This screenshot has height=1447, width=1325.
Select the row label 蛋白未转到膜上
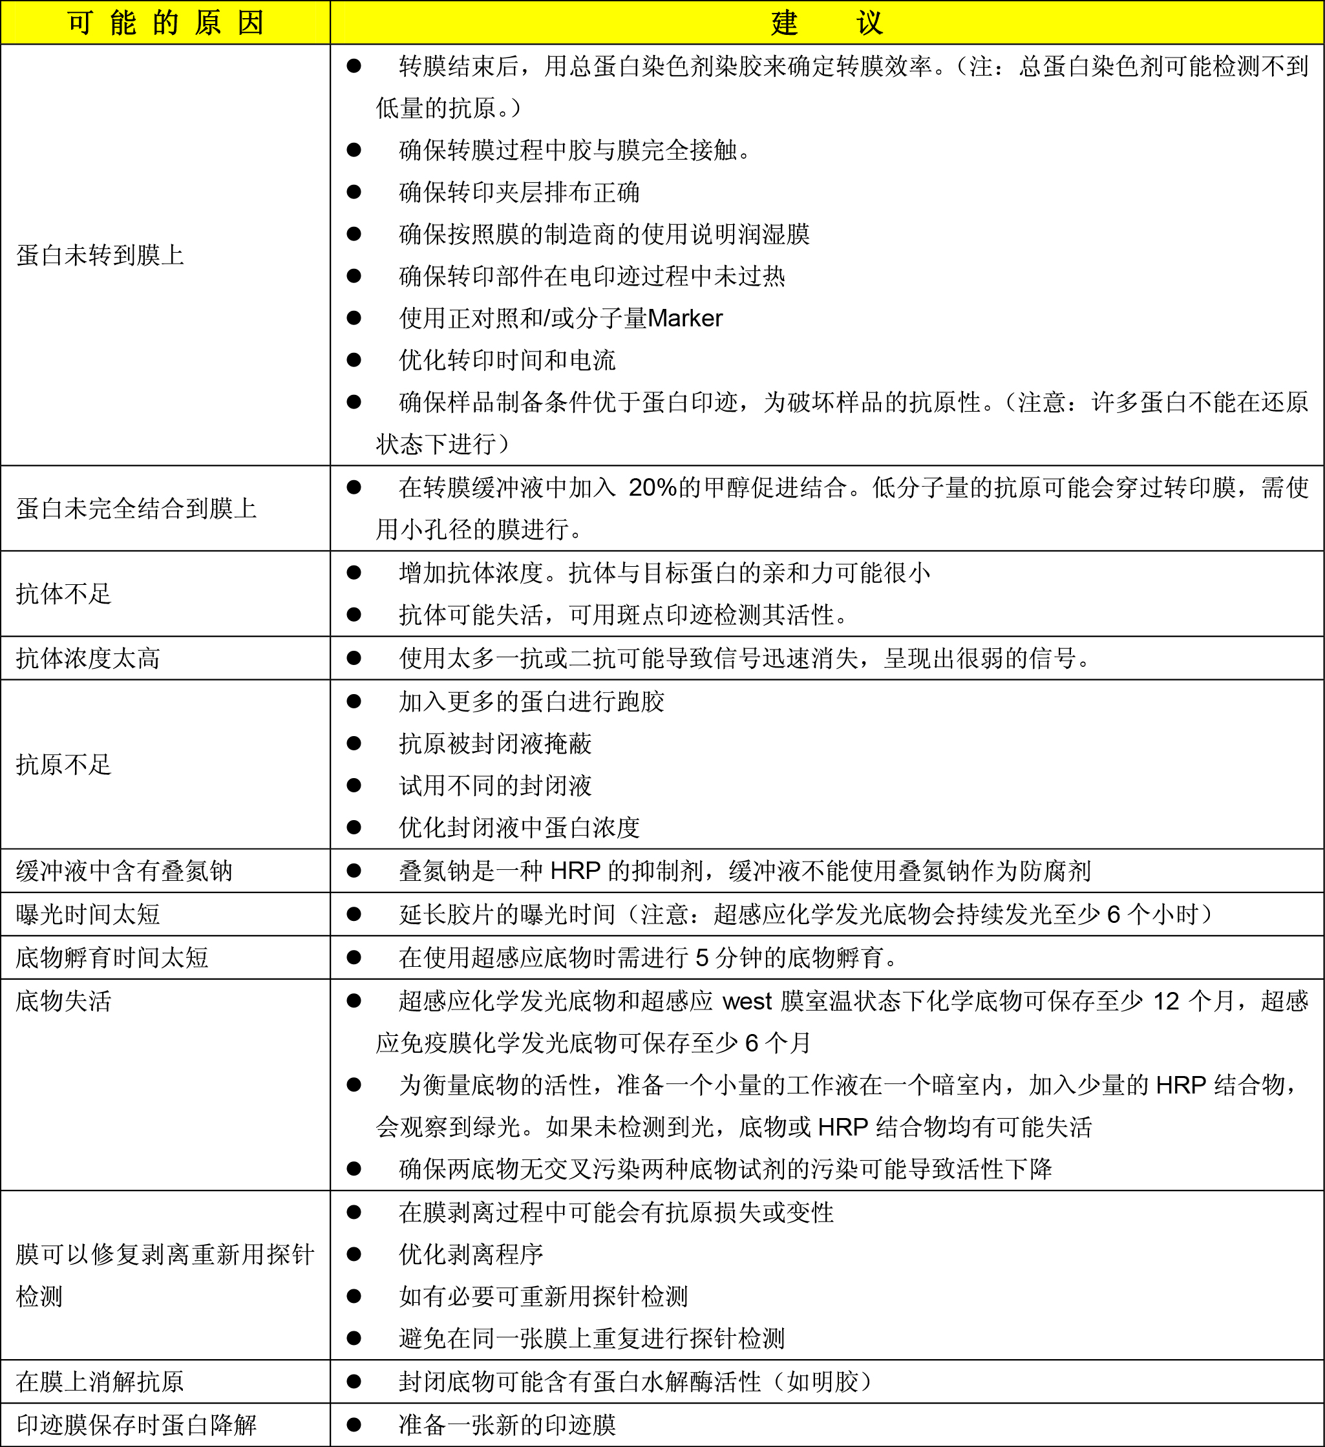point(100,255)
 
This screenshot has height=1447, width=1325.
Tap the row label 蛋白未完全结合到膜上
point(136,508)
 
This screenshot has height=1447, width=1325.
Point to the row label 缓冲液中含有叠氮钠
point(124,871)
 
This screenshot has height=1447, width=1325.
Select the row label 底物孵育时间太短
point(112,956)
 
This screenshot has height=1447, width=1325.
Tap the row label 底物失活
point(64,1000)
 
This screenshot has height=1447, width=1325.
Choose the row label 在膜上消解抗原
point(100,1381)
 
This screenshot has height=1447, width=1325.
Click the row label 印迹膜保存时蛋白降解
point(136,1425)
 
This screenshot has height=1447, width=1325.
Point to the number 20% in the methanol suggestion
point(652,487)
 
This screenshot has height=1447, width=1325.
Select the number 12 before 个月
point(1167,1000)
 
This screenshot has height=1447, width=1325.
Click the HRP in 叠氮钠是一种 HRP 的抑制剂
point(575,871)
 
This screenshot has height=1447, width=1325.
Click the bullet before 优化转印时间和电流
point(354,359)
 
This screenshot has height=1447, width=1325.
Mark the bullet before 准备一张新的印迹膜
point(354,1425)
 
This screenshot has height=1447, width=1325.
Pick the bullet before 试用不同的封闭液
point(354,785)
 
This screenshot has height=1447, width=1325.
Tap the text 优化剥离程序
point(471,1254)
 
